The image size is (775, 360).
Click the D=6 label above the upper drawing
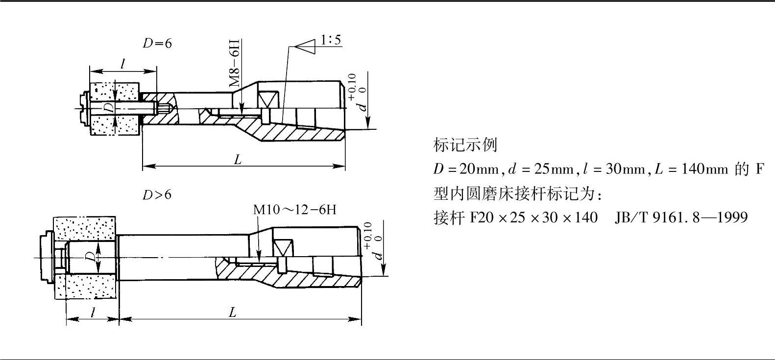157,44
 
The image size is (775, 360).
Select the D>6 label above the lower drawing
157,195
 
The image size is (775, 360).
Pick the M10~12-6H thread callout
294,210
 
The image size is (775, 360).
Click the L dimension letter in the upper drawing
238,160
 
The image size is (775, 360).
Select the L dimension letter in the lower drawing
233,312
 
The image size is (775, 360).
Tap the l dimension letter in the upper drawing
123,63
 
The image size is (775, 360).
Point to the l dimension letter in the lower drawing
92,312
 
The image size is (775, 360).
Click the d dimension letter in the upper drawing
363,106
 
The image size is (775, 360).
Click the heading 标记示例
465,145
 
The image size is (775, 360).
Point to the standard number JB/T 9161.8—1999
681,217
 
